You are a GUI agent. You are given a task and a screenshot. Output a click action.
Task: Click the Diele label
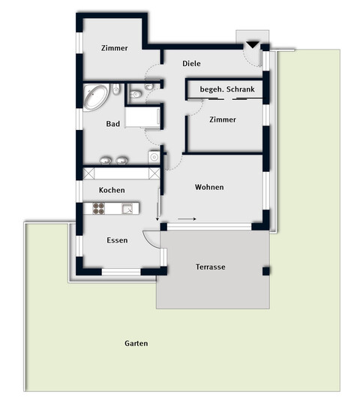(192, 64)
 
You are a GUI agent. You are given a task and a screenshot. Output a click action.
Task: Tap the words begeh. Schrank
(227, 90)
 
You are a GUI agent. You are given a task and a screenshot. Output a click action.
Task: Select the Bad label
(113, 124)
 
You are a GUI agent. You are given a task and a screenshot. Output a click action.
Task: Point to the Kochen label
(112, 190)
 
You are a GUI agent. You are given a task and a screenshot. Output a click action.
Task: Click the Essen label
(117, 240)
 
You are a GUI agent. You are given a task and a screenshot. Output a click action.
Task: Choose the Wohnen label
(209, 187)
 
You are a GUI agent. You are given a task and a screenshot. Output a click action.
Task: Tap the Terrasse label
(211, 267)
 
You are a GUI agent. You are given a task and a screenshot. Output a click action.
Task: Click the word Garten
(136, 343)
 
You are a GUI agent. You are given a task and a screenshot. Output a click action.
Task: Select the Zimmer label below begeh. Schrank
(223, 119)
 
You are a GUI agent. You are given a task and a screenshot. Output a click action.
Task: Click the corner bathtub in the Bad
(97, 98)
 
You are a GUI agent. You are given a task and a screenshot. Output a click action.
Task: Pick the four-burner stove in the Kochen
(99, 209)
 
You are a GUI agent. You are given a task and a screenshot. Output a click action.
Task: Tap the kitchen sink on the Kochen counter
(127, 209)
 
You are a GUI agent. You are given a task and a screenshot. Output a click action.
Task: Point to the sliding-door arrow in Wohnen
(187, 220)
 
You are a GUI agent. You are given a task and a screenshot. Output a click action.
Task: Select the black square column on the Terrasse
(265, 271)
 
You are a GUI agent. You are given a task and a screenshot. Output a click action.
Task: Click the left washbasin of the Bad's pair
(105, 160)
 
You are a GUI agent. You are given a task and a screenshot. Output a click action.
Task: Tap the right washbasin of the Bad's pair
(121, 160)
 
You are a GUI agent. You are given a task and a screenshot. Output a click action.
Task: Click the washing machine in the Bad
(154, 157)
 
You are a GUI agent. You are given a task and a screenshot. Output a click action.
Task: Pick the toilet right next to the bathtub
(117, 90)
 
